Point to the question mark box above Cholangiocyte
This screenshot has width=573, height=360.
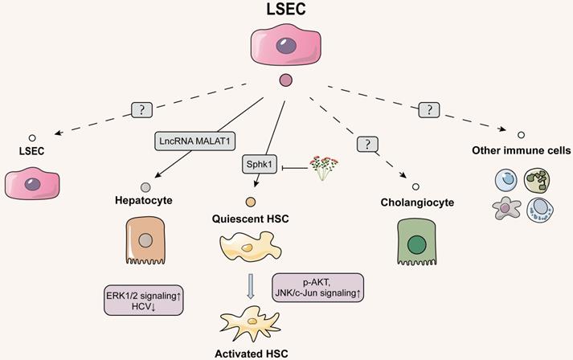click(x=367, y=144)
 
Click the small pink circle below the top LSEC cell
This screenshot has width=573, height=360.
click(x=284, y=80)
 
